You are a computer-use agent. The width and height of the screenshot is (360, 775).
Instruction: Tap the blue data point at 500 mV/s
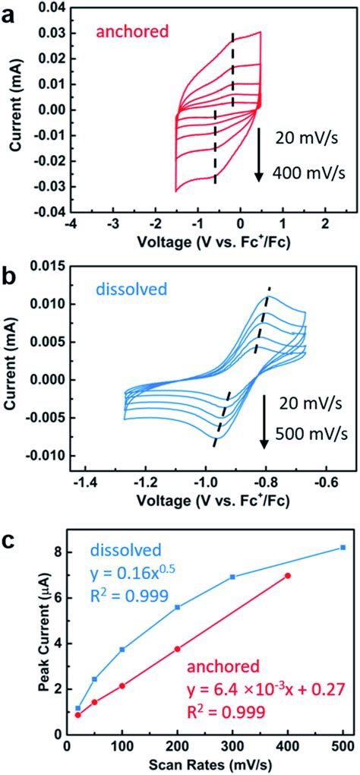click(343, 547)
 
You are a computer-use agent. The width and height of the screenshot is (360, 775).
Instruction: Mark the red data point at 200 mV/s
click(177, 628)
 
